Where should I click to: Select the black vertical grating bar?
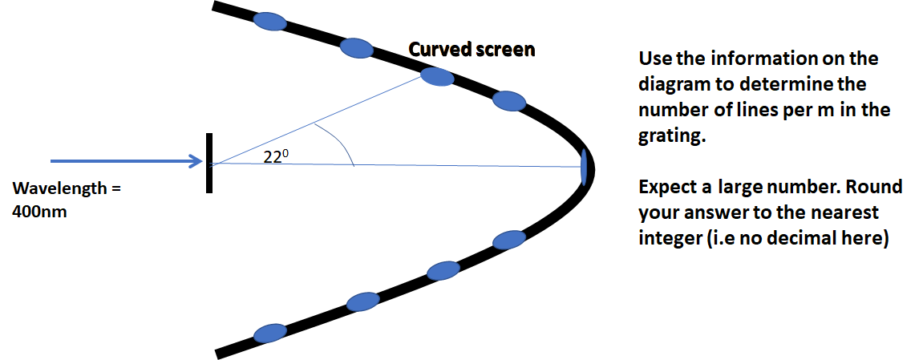(208, 163)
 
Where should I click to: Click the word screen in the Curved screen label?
(504, 50)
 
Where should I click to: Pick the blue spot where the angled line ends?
(438, 76)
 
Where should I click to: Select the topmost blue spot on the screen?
(269, 21)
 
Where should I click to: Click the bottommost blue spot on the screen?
(269, 332)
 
